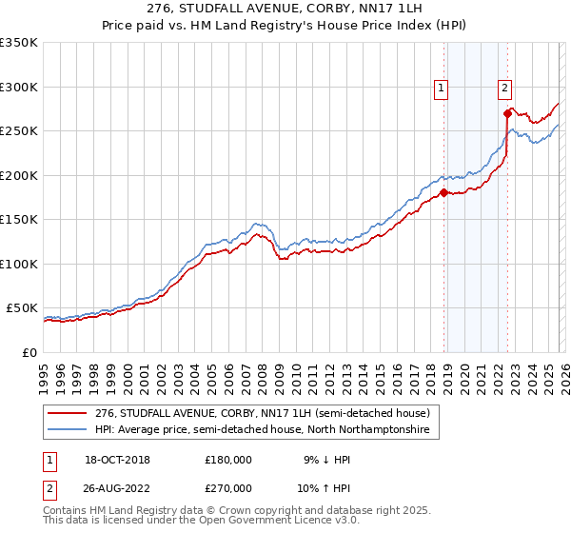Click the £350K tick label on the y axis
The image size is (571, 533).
click(x=19, y=43)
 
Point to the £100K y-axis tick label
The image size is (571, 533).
click(x=19, y=264)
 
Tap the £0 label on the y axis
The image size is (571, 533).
click(x=30, y=352)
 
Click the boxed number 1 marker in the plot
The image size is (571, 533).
click(x=443, y=89)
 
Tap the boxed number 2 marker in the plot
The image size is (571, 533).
click(x=504, y=89)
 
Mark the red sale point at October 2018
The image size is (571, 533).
click(x=443, y=193)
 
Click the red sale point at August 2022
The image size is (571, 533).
click(x=507, y=113)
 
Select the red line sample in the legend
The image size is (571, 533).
click(x=68, y=413)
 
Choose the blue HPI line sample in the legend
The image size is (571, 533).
click(x=68, y=430)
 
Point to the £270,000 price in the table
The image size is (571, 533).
click(x=228, y=487)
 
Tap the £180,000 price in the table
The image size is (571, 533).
click(x=228, y=460)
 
